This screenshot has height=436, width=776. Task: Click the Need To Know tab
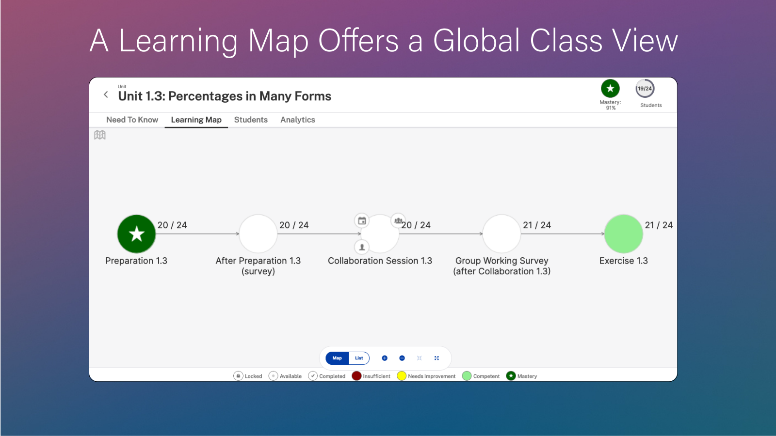[x=132, y=120]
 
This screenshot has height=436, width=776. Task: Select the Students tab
[x=251, y=120]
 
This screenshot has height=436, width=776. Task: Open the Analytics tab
[x=297, y=120]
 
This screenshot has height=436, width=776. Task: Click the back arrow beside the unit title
[x=106, y=95]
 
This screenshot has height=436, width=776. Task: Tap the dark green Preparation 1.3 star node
[x=136, y=234]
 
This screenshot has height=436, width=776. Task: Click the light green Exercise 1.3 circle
[x=623, y=234]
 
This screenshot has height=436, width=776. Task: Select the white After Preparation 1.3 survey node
[x=258, y=234]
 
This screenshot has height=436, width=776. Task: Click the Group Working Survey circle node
[x=501, y=234]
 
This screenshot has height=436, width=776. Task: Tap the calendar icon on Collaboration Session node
[x=362, y=221]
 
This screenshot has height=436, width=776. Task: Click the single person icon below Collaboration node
[x=362, y=247]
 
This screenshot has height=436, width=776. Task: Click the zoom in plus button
[x=385, y=358]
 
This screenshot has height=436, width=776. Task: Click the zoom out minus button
[x=402, y=358]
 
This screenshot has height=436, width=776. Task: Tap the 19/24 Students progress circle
[x=645, y=89]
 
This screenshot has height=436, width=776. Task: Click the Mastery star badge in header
[x=610, y=89]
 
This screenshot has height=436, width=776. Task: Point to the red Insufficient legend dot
[x=356, y=376]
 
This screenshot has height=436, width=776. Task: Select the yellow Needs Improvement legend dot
[x=402, y=376]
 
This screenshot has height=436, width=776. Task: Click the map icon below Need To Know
[x=100, y=135]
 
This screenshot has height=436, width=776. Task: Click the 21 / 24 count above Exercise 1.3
[x=659, y=225]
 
